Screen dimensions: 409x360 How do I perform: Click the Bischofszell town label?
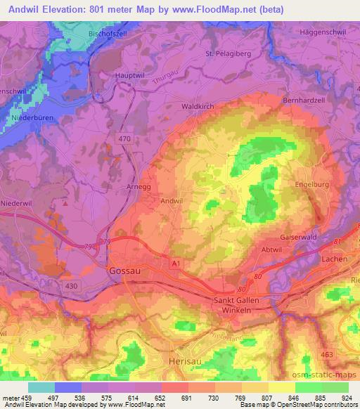click(109, 33)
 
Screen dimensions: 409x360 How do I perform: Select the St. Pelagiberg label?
click(228, 53)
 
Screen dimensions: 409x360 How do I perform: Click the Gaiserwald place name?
click(304, 237)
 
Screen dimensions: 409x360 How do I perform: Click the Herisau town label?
click(186, 359)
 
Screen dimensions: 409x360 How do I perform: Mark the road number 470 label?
click(124, 140)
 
